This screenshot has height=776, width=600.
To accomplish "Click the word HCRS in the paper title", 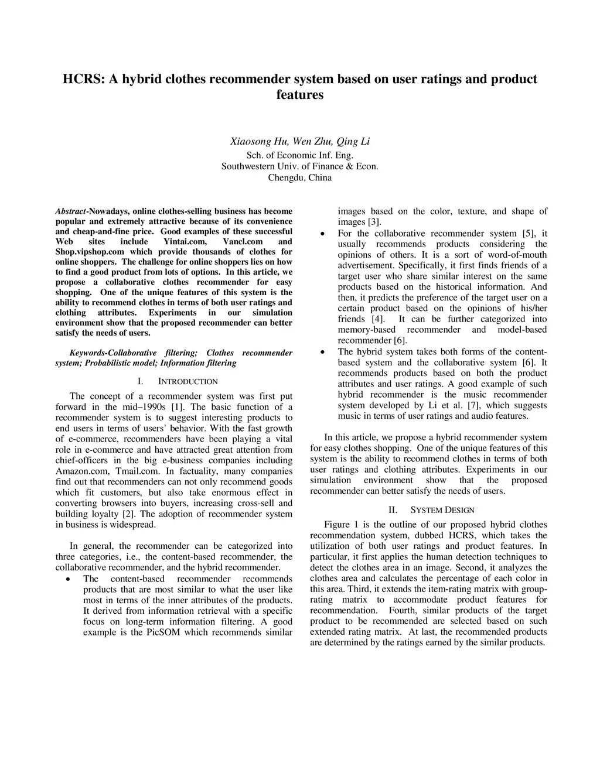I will coord(83,79).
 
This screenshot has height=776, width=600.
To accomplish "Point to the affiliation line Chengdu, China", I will coord(299,177).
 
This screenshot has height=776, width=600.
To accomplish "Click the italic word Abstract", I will coord(70,211).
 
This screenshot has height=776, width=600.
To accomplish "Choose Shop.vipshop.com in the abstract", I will coord(91,252).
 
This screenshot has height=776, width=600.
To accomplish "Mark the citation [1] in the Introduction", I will coord(177,407).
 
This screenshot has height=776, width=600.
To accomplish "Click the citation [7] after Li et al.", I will coord(475,405).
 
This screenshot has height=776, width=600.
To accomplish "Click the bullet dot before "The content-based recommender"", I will coord(69,579).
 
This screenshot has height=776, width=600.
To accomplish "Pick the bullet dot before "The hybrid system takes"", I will coord(323,352).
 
